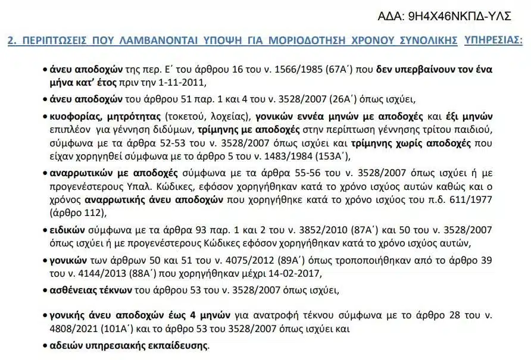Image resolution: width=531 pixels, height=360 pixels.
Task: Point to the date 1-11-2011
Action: pos(186,82)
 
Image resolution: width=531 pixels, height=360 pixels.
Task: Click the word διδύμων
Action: pos(216,129)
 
